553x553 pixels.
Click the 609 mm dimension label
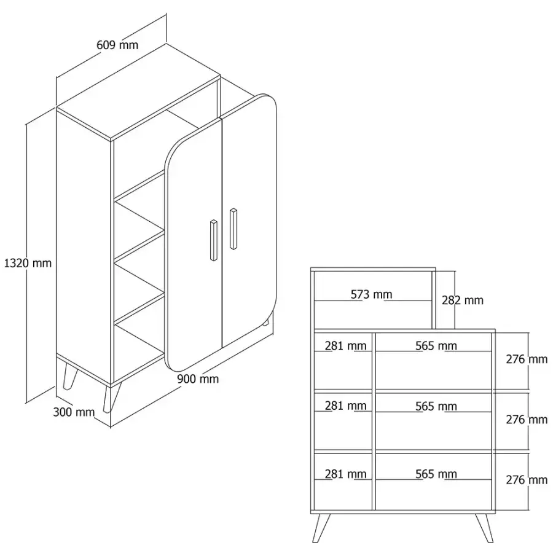coord(117,45)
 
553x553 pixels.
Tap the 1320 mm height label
coord(28,263)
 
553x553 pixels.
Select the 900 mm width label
coord(198,379)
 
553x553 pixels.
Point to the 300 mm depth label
coord(74,412)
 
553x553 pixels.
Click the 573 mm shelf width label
coord(371,294)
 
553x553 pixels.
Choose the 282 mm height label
coord(463,300)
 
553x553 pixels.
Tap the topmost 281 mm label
coord(345,346)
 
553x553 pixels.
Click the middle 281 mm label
coord(345,406)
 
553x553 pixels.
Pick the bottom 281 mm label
coord(345,474)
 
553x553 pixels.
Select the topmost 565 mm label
coord(436,346)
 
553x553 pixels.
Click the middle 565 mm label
coord(436,406)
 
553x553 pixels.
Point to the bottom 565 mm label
coord(436,474)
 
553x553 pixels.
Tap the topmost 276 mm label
coord(527,359)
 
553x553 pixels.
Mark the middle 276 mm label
coord(527,420)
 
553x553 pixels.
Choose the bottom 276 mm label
coord(527,480)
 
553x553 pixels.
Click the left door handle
coord(214,240)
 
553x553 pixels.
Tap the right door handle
coord(233,229)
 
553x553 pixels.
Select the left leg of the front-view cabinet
coord(321,528)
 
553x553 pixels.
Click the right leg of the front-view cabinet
coord(484,528)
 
